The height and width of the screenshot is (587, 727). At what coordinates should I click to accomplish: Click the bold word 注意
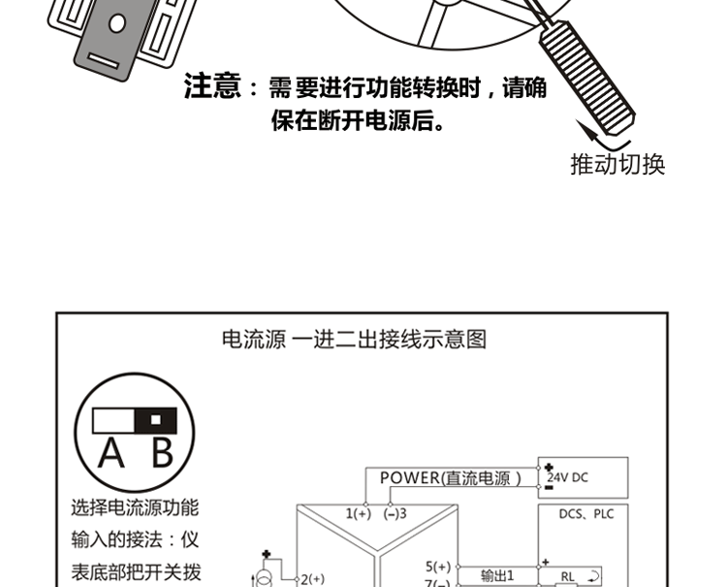pos(211,88)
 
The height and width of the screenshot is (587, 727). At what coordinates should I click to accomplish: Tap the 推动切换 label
pos(617,165)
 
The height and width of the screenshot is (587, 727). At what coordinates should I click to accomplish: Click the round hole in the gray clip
pos(116,24)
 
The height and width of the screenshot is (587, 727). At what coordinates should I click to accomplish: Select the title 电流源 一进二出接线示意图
pos(354,340)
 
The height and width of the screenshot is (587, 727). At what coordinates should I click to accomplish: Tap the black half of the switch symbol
pos(155,420)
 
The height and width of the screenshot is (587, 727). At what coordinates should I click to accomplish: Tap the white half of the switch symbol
pos(113,420)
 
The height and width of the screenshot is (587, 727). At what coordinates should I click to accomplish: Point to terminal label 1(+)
pos(359,513)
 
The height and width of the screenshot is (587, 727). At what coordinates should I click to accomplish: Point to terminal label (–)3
pos(395,513)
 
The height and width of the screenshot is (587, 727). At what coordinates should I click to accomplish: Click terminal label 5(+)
pos(438,566)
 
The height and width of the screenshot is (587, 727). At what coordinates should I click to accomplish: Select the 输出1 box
pos(497,575)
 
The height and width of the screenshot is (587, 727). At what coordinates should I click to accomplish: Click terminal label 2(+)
pos(311,578)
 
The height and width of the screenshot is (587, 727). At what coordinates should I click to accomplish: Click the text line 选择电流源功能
pos(135,507)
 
